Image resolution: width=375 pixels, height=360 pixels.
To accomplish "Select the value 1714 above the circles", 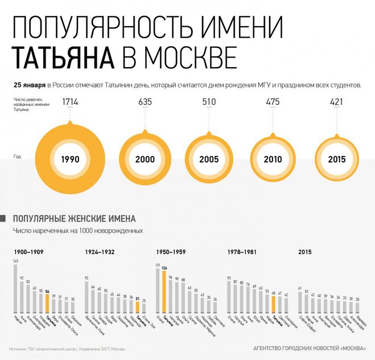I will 69,103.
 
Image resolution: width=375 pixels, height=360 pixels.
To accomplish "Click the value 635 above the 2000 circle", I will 145,103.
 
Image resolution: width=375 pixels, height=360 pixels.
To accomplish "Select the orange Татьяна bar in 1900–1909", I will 47,302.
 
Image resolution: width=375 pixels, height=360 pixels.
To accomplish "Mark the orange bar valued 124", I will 164,291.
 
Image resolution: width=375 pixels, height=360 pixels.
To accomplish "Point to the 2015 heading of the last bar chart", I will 305,251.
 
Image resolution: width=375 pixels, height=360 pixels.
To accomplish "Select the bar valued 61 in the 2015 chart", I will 300,301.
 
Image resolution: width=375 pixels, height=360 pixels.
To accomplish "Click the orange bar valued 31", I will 137,306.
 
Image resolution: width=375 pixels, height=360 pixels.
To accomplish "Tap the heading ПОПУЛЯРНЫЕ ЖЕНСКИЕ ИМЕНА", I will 75,218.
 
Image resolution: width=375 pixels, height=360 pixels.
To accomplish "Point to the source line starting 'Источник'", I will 67,348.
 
